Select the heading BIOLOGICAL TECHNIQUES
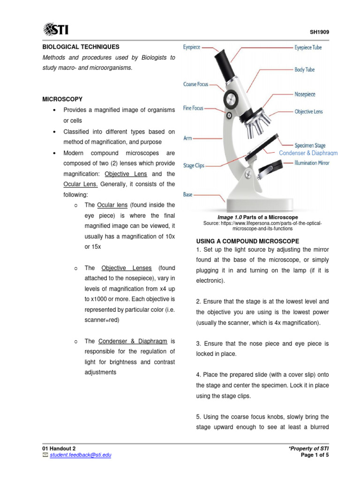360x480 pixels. tap(81, 47)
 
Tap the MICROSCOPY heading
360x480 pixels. tap(62, 99)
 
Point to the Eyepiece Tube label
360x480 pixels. tap(307, 48)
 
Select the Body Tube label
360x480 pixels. tap(304, 70)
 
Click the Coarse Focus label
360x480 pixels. tap(196, 84)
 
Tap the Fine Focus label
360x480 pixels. tap(193, 108)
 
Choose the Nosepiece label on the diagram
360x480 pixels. tap(305, 94)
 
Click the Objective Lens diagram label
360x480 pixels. tap(308, 112)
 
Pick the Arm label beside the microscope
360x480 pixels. tap(187, 139)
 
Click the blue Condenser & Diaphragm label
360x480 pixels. tap(308, 153)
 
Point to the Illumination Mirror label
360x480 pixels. tap(312, 163)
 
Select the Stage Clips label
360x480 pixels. tap(194, 166)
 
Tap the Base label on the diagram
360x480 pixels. tap(188, 195)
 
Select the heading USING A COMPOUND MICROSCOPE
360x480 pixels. tap(244, 241)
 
